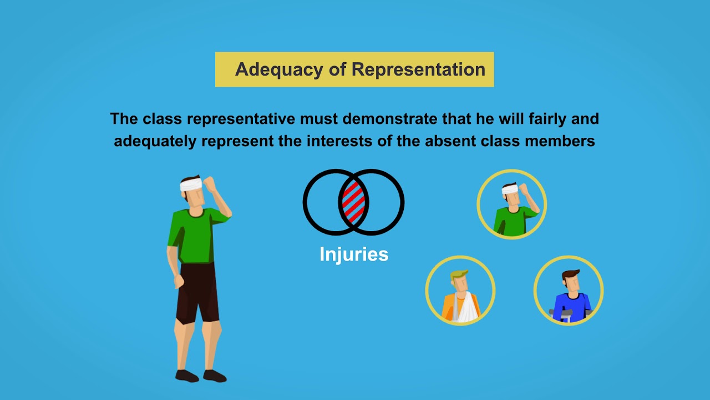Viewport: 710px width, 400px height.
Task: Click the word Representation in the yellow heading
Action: click(x=418, y=69)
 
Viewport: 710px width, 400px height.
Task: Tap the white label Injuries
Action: click(x=354, y=254)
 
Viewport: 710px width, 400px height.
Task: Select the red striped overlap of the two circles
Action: click(x=353, y=202)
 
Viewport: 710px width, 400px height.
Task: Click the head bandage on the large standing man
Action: click(x=191, y=184)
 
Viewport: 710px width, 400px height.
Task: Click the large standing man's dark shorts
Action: click(x=197, y=292)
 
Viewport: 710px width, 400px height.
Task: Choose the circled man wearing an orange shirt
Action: click(x=460, y=291)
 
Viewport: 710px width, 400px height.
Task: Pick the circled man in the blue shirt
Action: click(x=569, y=291)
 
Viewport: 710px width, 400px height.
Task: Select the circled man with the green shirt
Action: click(x=511, y=204)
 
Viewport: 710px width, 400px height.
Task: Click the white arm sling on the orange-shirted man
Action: click(x=466, y=307)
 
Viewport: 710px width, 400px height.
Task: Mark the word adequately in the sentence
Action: click(x=155, y=141)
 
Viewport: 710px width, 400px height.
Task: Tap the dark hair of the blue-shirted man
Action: click(x=570, y=275)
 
